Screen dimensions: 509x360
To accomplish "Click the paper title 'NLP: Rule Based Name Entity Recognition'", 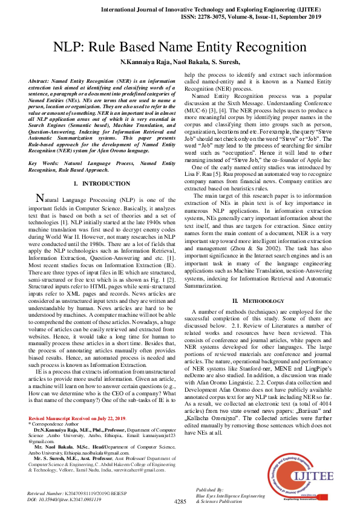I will tap(180, 47).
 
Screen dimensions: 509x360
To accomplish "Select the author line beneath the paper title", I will tap(180, 62).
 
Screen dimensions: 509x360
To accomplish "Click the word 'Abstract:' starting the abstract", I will tap(42, 80).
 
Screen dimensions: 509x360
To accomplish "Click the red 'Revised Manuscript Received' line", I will tap(77, 418).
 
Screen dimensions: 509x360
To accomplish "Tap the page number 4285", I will tap(180, 501).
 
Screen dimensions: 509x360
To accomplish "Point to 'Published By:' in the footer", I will tap(210, 488).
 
